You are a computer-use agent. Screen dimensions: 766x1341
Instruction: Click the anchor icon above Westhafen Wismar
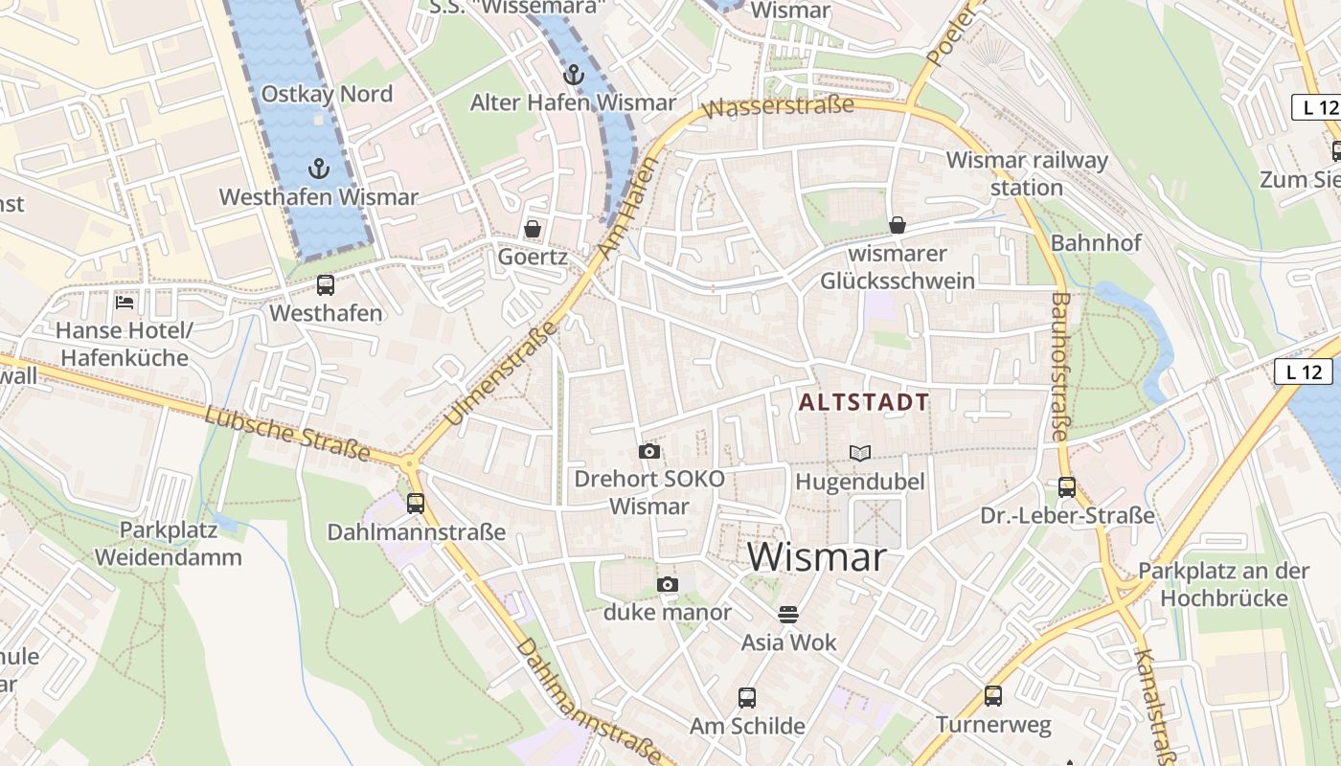pyautogui.click(x=318, y=169)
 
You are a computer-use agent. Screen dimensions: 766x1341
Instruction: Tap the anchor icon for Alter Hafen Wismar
pyautogui.click(x=573, y=75)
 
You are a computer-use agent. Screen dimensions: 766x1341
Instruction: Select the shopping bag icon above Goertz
pyautogui.click(x=533, y=229)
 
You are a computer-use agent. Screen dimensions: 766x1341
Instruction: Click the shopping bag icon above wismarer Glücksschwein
pyautogui.click(x=898, y=225)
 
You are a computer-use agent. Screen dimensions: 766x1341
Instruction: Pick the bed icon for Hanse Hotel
pyautogui.click(x=125, y=303)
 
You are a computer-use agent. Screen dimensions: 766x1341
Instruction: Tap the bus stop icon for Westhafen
pyautogui.click(x=326, y=285)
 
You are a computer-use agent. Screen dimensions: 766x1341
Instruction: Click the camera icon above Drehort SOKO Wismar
pyautogui.click(x=649, y=451)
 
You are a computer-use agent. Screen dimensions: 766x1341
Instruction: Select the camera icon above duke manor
pyautogui.click(x=668, y=584)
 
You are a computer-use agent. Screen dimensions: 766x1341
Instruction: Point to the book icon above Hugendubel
pyautogui.click(x=860, y=453)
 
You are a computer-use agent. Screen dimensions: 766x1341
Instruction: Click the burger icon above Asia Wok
pyautogui.click(x=788, y=614)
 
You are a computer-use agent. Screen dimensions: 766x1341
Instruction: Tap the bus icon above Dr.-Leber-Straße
pyautogui.click(x=1067, y=487)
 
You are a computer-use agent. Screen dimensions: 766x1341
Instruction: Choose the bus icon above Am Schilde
pyautogui.click(x=747, y=698)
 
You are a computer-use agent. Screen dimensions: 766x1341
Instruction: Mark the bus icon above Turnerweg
pyautogui.click(x=993, y=696)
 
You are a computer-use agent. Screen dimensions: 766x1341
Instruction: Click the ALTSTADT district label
pyautogui.click(x=864, y=402)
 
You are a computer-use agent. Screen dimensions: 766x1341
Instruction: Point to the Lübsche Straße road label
pyautogui.click(x=287, y=433)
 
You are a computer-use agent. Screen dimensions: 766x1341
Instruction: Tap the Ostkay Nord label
pyautogui.click(x=327, y=94)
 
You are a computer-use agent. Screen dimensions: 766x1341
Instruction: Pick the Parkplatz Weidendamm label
pyautogui.click(x=168, y=543)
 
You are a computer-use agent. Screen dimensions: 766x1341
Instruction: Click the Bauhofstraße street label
pyautogui.click(x=1059, y=367)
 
